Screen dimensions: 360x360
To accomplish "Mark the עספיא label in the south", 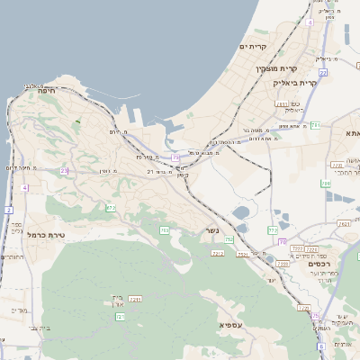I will click(x=229, y=323).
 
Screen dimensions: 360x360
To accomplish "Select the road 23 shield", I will click(x=64, y=170).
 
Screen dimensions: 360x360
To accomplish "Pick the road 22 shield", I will click(x=322, y=72).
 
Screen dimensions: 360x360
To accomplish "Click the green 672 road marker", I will click(x=111, y=208).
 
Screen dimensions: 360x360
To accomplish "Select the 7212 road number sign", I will click(x=217, y=255).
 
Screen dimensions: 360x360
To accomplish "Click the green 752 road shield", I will click(x=229, y=239).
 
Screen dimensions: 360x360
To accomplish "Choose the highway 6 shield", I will click(x=320, y=346).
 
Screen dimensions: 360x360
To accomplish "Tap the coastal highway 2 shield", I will click(x=8, y=210).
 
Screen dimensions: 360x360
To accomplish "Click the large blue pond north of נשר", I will click(x=241, y=214).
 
